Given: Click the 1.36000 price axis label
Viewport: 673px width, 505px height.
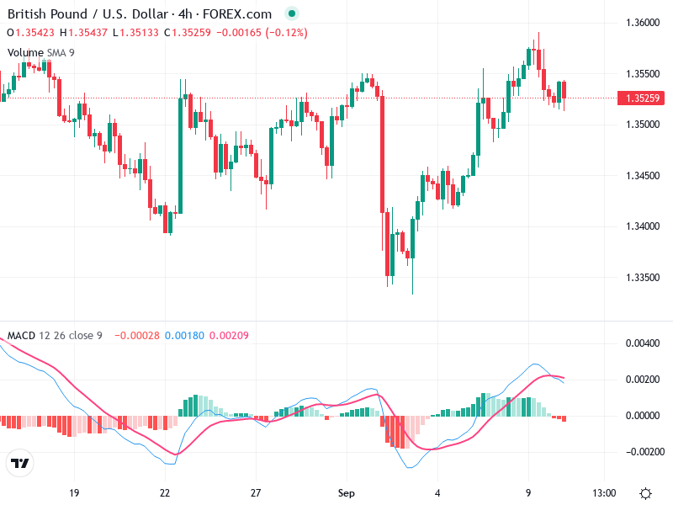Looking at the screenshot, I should [x=643, y=22].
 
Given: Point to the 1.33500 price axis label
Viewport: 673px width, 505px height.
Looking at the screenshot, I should [x=643, y=278].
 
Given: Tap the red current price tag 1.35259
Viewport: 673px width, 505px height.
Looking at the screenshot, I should [x=643, y=98].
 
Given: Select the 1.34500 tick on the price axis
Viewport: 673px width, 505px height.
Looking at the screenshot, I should [x=643, y=176].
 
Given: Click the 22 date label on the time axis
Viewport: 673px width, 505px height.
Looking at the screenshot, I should [x=165, y=492].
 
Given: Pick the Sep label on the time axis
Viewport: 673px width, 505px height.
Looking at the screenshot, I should [x=347, y=492].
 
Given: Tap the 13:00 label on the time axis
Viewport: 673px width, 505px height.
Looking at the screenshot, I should [x=605, y=492].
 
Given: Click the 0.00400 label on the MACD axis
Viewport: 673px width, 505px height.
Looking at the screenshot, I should [x=643, y=343].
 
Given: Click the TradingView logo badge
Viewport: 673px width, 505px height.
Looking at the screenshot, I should [x=19, y=464].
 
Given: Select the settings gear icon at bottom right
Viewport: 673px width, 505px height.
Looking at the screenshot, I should [x=645, y=493].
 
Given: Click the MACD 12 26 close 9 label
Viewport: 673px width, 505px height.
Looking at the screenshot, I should [x=55, y=336].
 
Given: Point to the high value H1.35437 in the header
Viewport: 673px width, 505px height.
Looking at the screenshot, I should [x=83, y=33].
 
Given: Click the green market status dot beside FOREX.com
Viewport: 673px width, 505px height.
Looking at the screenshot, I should [x=291, y=14].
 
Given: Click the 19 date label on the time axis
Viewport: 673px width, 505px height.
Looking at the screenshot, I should [x=74, y=492].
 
